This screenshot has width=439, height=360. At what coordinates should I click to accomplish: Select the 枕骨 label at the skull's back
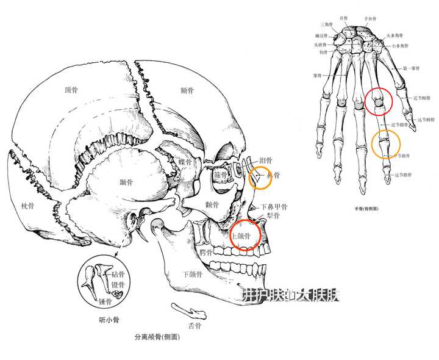click(x=27, y=206)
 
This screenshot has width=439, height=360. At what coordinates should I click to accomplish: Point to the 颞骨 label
click(x=127, y=182)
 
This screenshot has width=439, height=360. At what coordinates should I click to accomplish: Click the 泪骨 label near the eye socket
click(x=266, y=160)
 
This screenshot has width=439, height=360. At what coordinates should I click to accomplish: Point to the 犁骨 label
click(x=273, y=215)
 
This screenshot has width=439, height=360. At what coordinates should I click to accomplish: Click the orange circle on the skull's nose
click(x=262, y=176)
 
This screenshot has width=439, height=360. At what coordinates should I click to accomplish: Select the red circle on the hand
click(x=379, y=102)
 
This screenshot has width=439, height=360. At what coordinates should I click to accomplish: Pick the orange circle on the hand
click(x=386, y=145)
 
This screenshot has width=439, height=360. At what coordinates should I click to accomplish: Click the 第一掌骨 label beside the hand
click(x=413, y=68)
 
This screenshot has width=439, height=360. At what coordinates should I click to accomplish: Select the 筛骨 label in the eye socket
click(x=220, y=175)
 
